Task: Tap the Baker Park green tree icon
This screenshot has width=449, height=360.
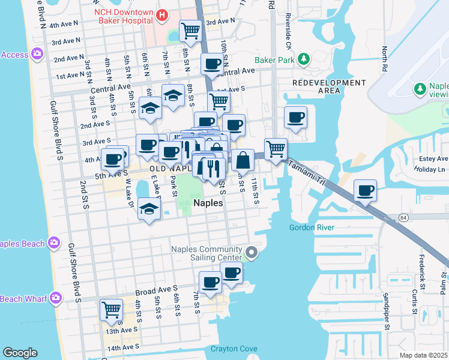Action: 304,58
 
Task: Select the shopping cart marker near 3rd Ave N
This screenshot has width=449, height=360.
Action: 190,30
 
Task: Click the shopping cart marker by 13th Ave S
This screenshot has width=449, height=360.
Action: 111,309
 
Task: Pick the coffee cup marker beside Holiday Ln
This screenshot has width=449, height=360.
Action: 365,190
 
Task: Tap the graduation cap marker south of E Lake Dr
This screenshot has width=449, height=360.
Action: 149,209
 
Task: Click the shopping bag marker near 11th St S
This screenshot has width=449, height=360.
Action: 243,160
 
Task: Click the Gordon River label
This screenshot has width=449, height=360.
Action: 312,227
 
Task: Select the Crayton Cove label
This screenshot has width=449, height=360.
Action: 234,349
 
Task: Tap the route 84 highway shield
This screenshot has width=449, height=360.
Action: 403,217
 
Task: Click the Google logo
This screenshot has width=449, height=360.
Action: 20,353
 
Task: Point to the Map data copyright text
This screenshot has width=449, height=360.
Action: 424,355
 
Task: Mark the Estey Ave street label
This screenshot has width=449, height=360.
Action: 435,159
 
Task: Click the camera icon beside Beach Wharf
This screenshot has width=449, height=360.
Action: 56,297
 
